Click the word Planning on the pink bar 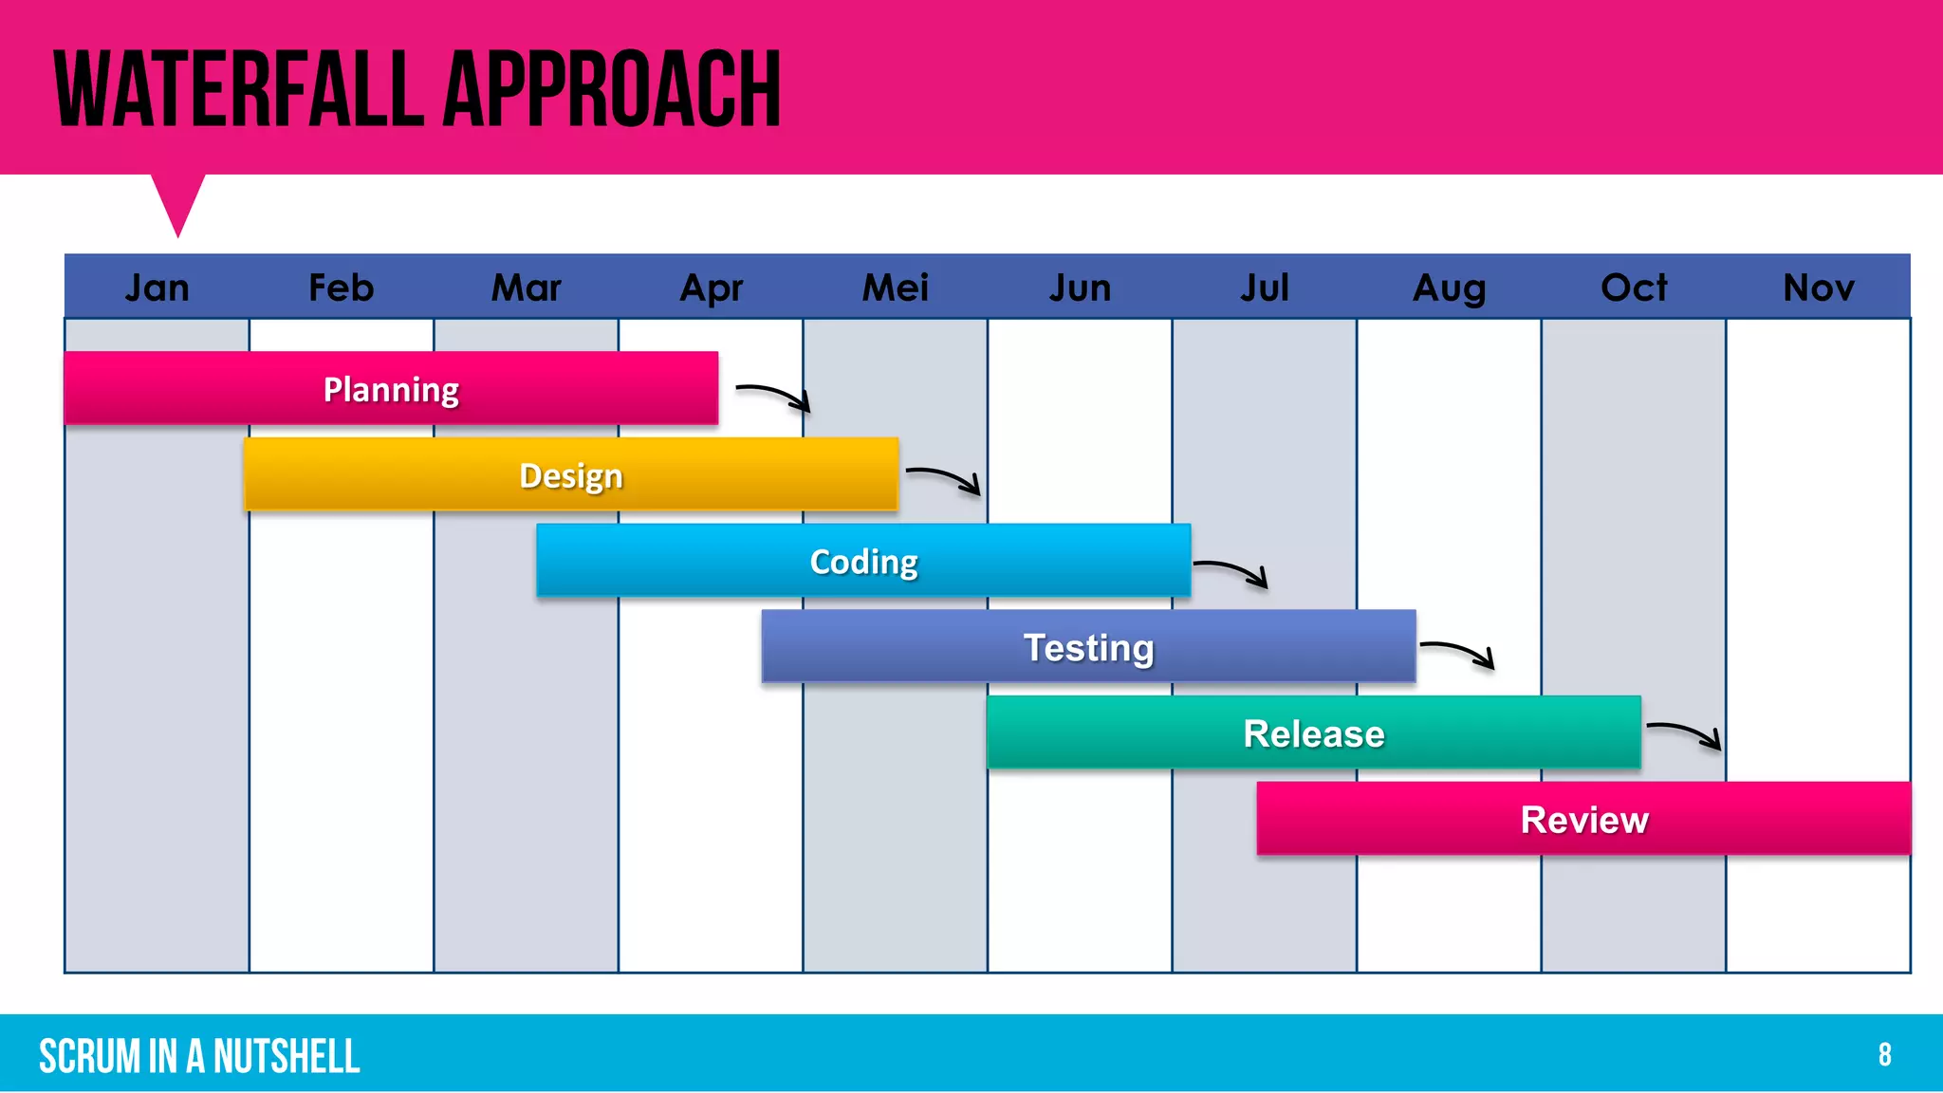391,390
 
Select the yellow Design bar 570,474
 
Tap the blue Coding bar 863,561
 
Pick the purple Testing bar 1088,647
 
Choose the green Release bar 1314,732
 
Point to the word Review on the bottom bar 1584,820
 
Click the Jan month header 157,287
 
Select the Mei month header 895,287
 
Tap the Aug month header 1449,287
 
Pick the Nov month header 1818,287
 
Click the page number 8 1884,1055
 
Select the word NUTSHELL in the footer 287,1056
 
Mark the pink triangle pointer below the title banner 178,202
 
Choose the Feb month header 342,287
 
